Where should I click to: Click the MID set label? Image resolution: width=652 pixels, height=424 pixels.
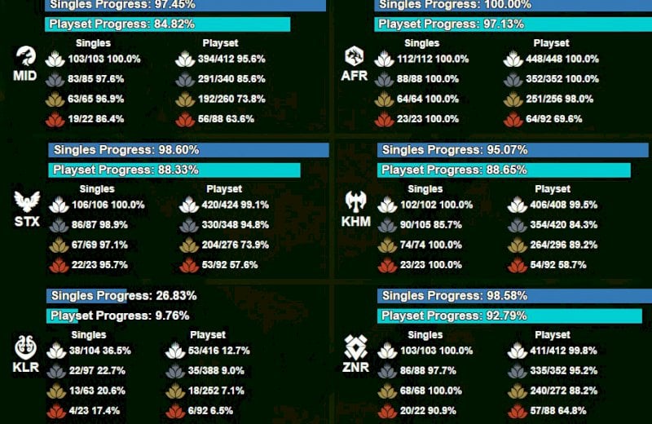pyautogui.click(x=25, y=76)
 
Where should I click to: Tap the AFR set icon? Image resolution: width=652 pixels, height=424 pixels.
pyautogui.click(x=354, y=55)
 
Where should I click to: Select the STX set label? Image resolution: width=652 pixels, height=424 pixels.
pyautogui.click(x=26, y=221)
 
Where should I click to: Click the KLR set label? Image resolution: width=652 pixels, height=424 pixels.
pyautogui.click(x=26, y=367)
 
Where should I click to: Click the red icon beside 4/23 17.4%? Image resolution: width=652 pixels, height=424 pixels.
pyautogui.click(x=55, y=410)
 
